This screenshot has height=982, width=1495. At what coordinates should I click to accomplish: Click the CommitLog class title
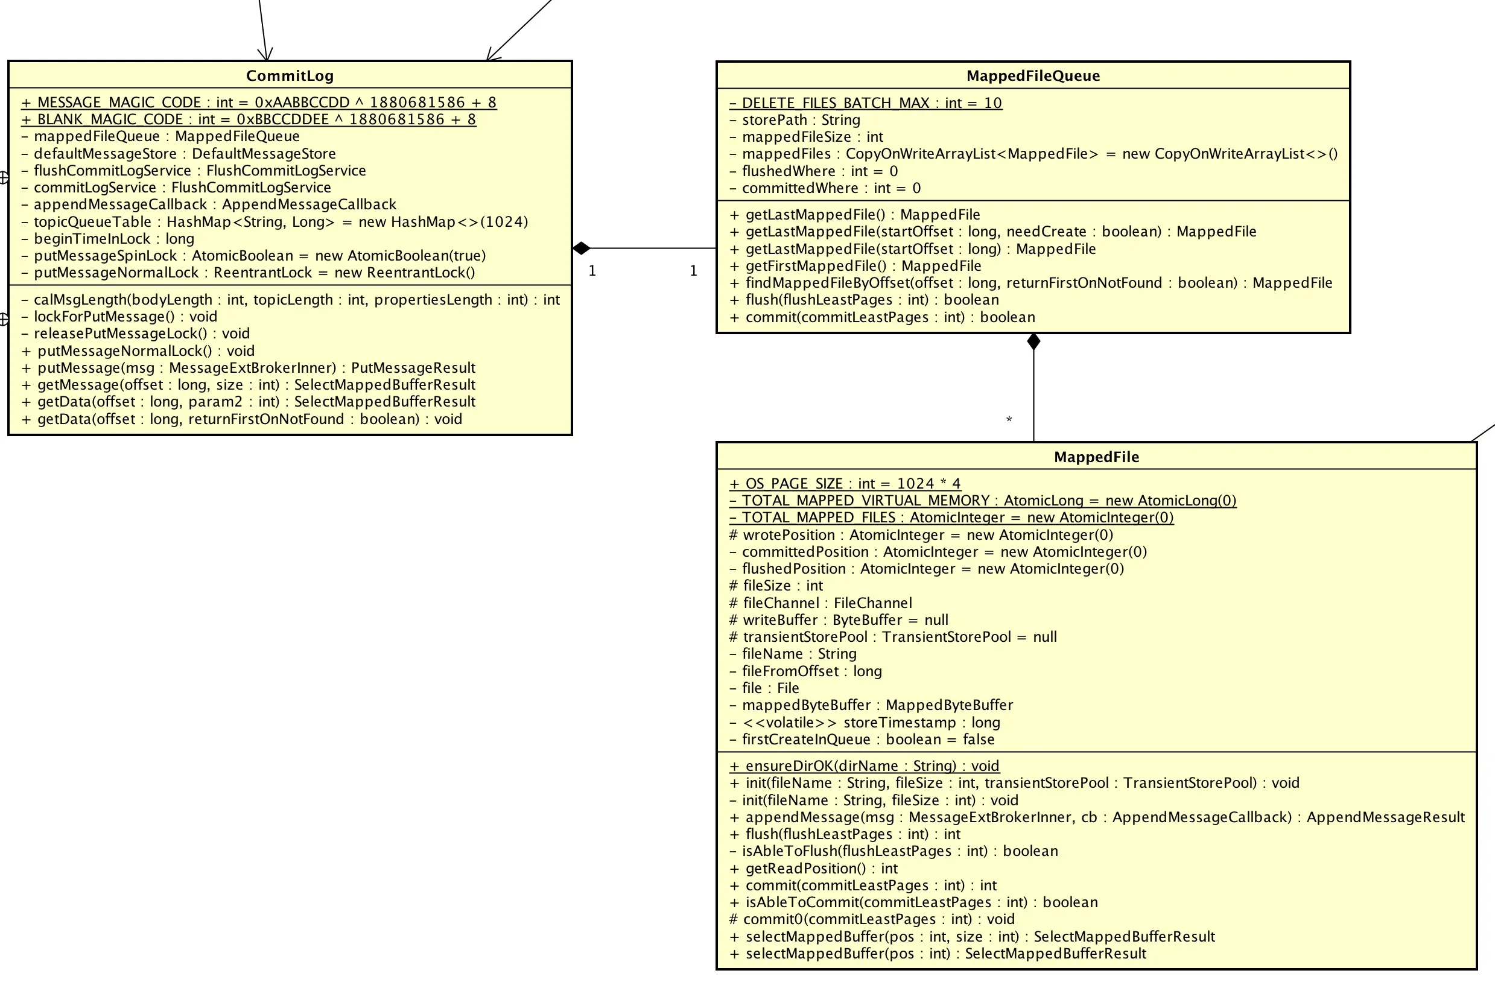click(290, 76)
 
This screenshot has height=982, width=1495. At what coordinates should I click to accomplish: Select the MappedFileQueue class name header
click(1033, 76)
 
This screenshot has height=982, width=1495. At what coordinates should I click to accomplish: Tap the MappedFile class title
click(1096, 457)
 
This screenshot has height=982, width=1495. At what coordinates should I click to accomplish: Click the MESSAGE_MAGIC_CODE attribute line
click(259, 103)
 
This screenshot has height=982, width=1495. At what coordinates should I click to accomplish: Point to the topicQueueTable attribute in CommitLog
click(281, 221)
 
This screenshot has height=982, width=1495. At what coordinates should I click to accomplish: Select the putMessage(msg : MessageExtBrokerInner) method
click(248, 368)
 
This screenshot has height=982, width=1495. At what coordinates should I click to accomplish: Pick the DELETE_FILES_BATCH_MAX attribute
click(866, 103)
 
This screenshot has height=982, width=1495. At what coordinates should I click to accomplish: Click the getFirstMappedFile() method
click(855, 266)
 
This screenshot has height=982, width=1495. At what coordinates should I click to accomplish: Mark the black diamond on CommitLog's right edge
click(582, 249)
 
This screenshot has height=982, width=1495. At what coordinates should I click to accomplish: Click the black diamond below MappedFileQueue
click(1033, 342)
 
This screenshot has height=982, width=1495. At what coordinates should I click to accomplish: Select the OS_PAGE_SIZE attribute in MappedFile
click(845, 484)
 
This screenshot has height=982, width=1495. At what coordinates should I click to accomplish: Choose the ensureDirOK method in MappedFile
click(865, 766)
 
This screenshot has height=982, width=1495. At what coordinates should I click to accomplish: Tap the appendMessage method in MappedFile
click(1097, 817)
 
